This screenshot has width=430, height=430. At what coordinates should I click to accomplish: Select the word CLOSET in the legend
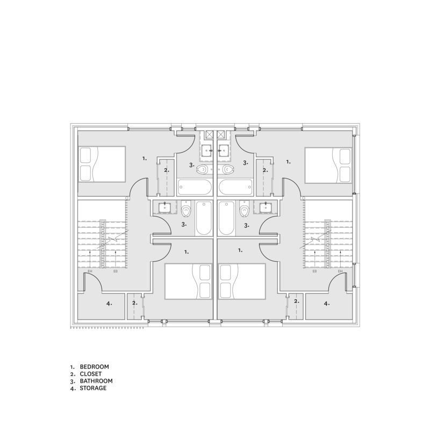91,373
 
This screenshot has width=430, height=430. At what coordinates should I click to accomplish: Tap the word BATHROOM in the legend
96,381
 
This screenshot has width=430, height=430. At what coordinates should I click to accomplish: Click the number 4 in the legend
71,388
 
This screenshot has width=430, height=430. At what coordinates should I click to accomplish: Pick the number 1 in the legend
71,366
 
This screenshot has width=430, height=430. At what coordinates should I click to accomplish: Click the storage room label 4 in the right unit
326,304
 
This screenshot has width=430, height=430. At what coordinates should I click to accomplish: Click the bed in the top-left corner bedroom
102,164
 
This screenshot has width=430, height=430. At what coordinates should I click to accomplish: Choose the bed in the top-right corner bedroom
328,164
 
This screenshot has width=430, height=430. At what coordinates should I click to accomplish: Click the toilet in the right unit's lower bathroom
245,209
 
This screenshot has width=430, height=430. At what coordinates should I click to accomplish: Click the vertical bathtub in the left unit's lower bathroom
203,218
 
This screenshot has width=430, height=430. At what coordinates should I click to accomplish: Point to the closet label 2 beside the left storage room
134,303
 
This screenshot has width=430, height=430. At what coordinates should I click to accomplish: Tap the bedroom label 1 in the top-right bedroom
288,161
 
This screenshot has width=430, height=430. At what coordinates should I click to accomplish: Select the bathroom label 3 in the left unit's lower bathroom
184,224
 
